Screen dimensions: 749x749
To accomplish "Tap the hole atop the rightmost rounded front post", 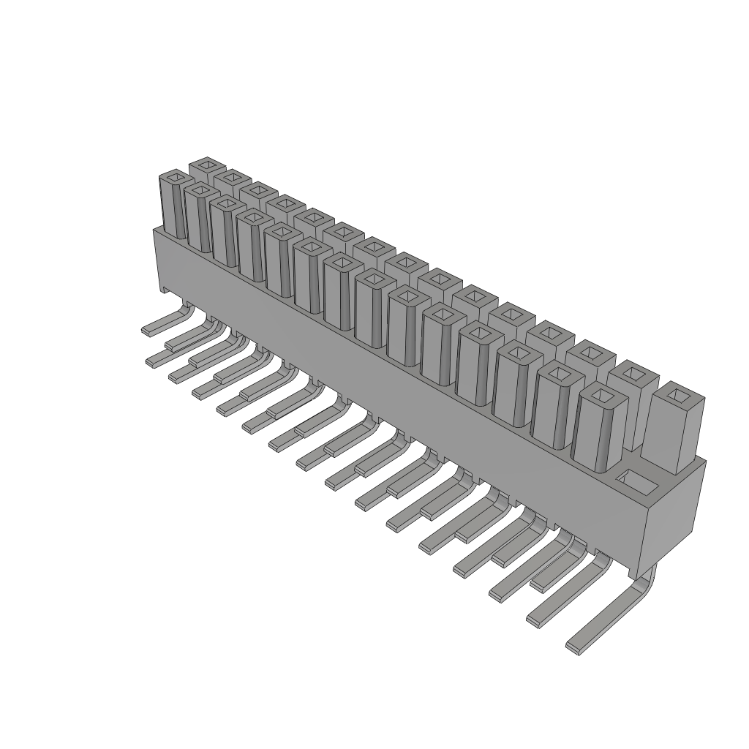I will tap(602, 396).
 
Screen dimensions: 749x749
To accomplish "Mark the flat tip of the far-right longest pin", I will tap(575, 647).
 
